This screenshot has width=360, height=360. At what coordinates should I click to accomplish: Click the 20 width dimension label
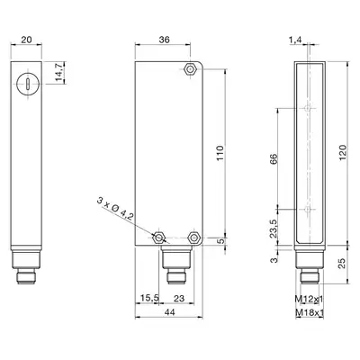26,40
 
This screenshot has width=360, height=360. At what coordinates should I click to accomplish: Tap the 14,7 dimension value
58,72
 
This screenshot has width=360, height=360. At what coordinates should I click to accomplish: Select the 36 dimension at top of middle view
165,40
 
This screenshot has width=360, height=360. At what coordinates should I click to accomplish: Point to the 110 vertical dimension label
220,153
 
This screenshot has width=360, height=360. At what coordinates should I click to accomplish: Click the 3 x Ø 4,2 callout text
114,209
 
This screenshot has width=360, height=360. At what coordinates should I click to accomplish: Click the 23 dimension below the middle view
179,298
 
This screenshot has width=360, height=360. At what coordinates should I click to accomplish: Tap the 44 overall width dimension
169,312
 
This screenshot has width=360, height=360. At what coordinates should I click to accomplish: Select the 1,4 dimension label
296,40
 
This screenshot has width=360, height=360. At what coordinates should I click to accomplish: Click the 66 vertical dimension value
274,158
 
